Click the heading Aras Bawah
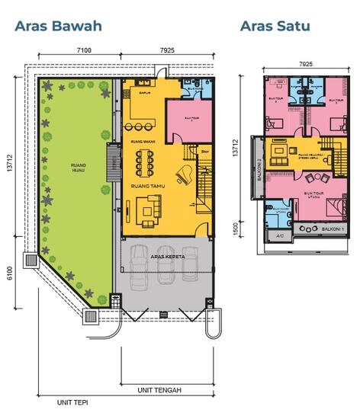click(57, 26)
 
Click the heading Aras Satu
click(275, 26)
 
